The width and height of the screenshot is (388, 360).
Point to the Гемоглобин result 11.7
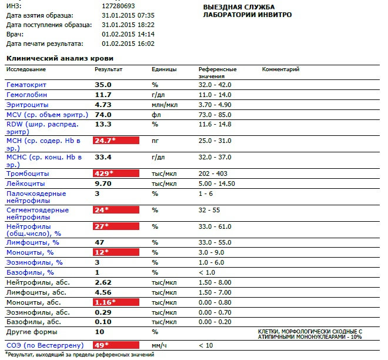(103, 95)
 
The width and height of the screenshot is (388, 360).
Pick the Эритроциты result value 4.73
(103, 104)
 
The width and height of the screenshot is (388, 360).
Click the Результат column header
(108, 69)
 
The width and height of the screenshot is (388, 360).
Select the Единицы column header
(164, 69)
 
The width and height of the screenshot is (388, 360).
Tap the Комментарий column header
(280, 69)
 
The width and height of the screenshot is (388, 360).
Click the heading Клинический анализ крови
(59, 58)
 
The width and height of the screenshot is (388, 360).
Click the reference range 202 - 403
(213, 174)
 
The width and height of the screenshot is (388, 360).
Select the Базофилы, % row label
(30, 272)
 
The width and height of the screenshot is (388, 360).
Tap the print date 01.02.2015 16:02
(128, 44)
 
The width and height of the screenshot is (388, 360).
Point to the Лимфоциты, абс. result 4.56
(103, 292)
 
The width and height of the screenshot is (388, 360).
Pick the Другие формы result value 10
(99, 332)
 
